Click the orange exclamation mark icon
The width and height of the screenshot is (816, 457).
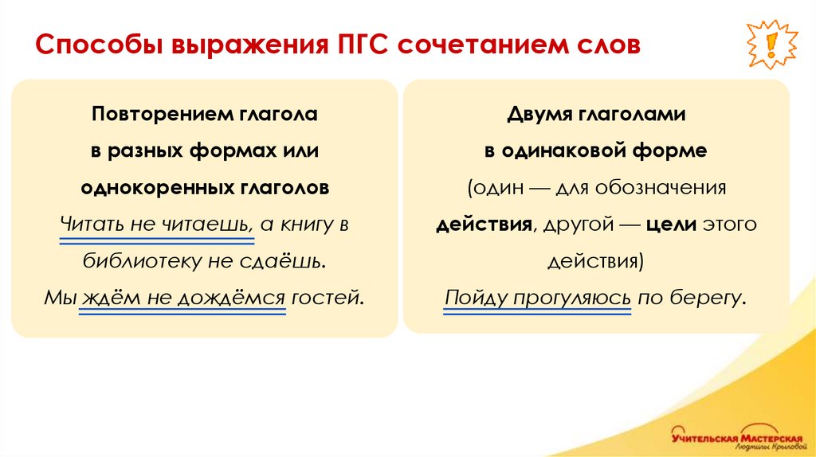[771, 45]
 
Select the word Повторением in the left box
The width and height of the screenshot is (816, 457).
[153, 115]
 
